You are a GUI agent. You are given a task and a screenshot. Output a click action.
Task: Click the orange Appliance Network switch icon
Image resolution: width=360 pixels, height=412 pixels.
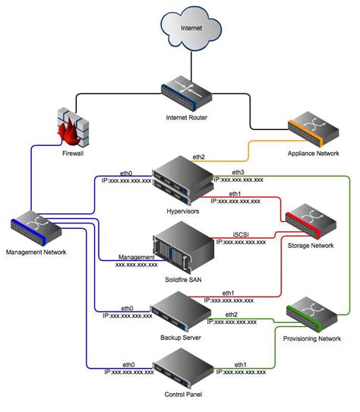point(311,132)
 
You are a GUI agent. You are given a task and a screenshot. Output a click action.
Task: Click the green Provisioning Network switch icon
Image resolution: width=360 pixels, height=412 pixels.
point(312,315)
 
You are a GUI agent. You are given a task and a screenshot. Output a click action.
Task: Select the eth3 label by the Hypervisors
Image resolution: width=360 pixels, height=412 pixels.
point(238,173)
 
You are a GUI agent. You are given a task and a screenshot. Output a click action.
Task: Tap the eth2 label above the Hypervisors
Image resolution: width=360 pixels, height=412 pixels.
point(198,157)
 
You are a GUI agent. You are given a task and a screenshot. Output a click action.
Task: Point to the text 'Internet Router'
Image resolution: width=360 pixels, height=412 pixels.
point(186,117)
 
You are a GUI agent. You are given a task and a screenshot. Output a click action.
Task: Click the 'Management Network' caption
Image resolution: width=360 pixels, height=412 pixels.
point(35,252)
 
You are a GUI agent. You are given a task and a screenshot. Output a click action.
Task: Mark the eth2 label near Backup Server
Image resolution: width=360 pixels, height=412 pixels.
point(231,314)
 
